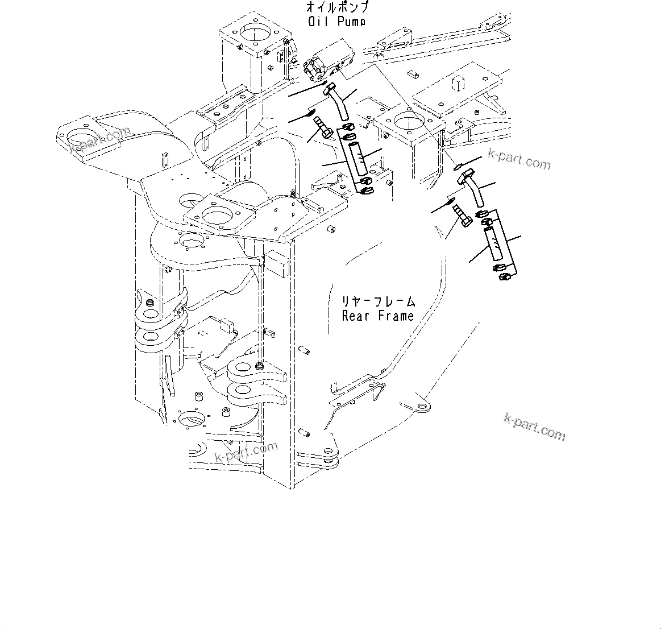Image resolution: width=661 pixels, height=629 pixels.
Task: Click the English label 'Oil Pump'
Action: pyautogui.click(x=337, y=22)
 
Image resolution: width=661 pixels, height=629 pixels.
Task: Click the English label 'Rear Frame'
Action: pyautogui.click(x=377, y=316)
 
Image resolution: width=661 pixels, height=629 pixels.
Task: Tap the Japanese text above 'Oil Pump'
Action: pyautogui.click(x=337, y=8)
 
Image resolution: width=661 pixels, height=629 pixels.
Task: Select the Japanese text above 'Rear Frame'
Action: pyautogui.click(x=377, y=301)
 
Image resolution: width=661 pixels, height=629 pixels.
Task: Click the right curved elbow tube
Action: pyautogui.click(x=473, y=190)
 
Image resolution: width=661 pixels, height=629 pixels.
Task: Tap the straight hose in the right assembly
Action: pyautogui.click(x=493, y=243)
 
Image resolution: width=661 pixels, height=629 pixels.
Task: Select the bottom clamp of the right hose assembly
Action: pyautogui.click(x=502, y=276)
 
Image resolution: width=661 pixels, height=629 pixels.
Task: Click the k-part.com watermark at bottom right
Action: pyautogui.click(x=534, y=427)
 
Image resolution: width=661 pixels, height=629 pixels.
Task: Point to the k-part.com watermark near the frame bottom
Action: pyautogui.click(x=246, y=452)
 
